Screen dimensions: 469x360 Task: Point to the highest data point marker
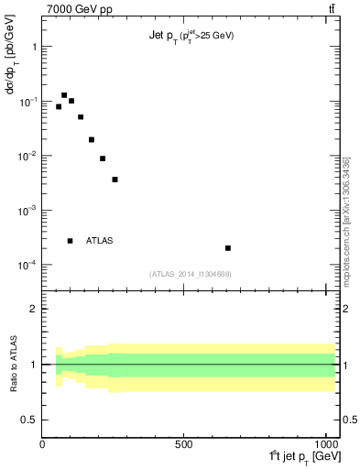[x=64, y=95]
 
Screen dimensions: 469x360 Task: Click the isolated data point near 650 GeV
[x=227, y=248]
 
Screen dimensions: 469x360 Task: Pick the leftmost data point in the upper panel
[x=59, y=106]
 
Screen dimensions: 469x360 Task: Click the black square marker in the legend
[x=70, y=241]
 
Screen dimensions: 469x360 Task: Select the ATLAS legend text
[x=99, y=241]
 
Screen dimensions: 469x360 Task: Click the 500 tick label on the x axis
[x=184, y=444]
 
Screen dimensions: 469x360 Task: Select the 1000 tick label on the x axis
[x=324, y=444]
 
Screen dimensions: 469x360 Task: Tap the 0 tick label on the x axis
[x=42, y=444]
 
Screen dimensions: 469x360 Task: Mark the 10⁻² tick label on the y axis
[x=28, y=156]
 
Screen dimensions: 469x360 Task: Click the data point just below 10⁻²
[x=103, y=158]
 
